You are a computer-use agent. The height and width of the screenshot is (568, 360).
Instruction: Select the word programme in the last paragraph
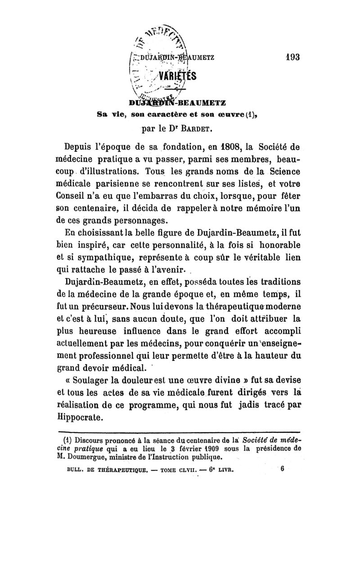(x=152, y=405)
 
